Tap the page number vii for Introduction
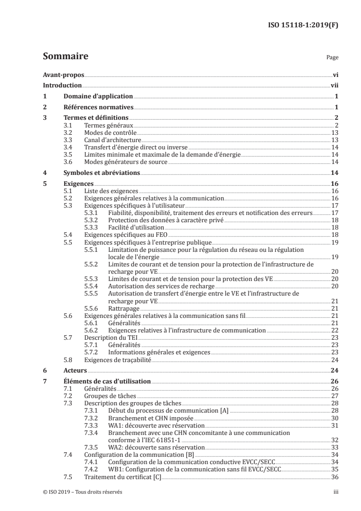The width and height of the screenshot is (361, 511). (x=334, y=85)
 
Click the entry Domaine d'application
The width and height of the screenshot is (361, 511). (x=97, y=96)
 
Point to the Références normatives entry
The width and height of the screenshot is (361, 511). (x=97, y=107)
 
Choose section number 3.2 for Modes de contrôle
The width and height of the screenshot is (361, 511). (x=68, y=132)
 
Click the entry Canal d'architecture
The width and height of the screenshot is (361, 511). (x=113, y=140)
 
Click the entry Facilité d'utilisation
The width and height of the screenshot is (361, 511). (x=136, y=227)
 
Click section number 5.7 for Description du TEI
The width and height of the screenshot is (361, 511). (x=68, y=338)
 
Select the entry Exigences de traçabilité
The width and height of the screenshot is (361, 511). (x=114, y=360)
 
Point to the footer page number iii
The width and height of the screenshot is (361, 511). (x=335, y=492)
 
